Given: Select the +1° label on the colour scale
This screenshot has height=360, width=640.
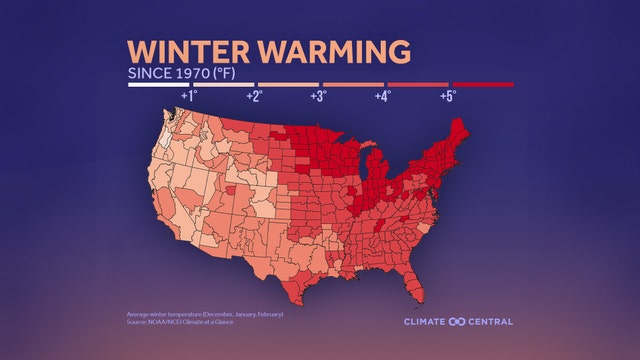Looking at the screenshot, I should [188, 97].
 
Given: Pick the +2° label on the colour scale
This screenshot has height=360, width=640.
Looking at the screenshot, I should [254, 97].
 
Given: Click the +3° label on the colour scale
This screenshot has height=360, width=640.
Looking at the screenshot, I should [318, 97].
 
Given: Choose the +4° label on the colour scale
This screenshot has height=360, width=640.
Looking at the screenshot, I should [382, 97].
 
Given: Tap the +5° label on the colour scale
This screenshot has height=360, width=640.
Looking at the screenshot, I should [447, 97].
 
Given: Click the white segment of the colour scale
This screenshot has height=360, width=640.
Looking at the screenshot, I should [159, 85].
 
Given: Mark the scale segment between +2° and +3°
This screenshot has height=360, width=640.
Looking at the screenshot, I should [288, 85].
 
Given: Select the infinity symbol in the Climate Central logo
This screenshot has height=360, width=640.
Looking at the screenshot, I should [456, 321].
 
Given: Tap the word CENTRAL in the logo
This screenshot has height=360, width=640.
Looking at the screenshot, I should [490, 321].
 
